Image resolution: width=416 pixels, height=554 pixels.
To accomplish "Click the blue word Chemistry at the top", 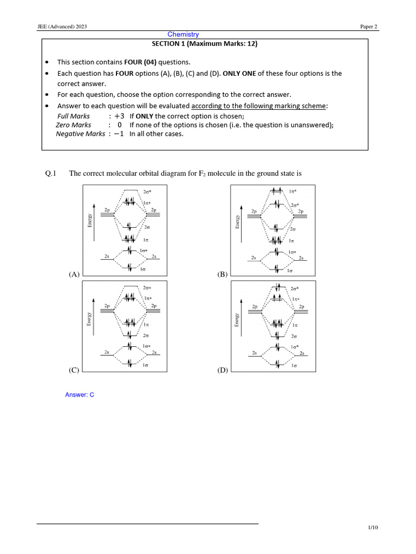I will point(183,35).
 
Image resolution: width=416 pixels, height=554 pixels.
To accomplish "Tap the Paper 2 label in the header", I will point(369,27).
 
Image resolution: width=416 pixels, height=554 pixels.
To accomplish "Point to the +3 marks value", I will point(119,116).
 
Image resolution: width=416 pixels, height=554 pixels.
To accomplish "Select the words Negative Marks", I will point(81,134).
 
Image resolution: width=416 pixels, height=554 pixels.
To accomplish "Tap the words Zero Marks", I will point(74,125).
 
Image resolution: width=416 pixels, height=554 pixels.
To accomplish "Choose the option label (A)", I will point(74,274).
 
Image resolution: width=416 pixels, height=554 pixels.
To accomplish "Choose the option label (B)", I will point(223,274).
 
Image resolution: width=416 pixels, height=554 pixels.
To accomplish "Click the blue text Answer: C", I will point(80,395).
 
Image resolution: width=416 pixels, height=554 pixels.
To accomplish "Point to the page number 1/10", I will point(373,528).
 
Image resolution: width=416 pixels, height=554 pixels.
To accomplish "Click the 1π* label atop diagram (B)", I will point(293,192).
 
